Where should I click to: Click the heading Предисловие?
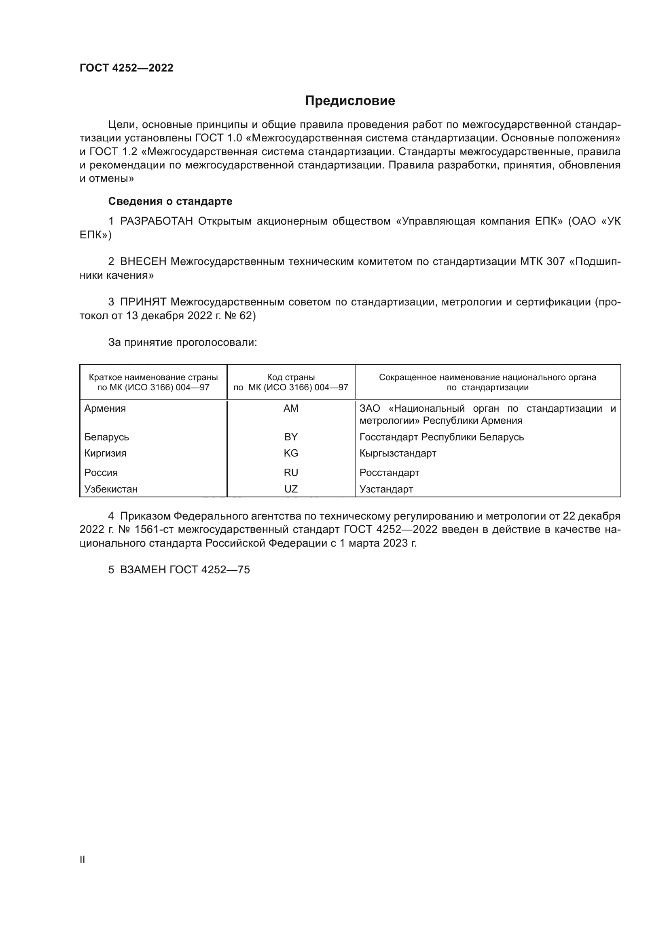[x=350, y=101]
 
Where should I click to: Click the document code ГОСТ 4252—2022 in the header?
[x=127, y=68]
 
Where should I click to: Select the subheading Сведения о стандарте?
[x=170, y=201]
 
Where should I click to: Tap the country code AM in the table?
[x=291, y=408]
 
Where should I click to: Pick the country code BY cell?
[x=291, y=437]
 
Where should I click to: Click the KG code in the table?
[x=291, y=453]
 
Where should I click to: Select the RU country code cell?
[x=291, y=473]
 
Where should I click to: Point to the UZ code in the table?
[x=291, y=489]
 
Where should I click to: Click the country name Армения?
[x=105, y=408]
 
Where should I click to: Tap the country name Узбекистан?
[x=111, y=489]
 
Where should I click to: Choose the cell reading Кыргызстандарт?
[x=398, y=453]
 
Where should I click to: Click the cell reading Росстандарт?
[x=389, y=473]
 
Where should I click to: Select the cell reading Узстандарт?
[x=386, y=489]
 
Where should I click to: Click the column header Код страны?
[x=291, y=377]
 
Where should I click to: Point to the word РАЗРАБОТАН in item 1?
[x=157, y=221]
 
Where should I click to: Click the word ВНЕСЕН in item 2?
[x=143, y=261]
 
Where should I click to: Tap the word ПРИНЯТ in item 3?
[x=143, y=302]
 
